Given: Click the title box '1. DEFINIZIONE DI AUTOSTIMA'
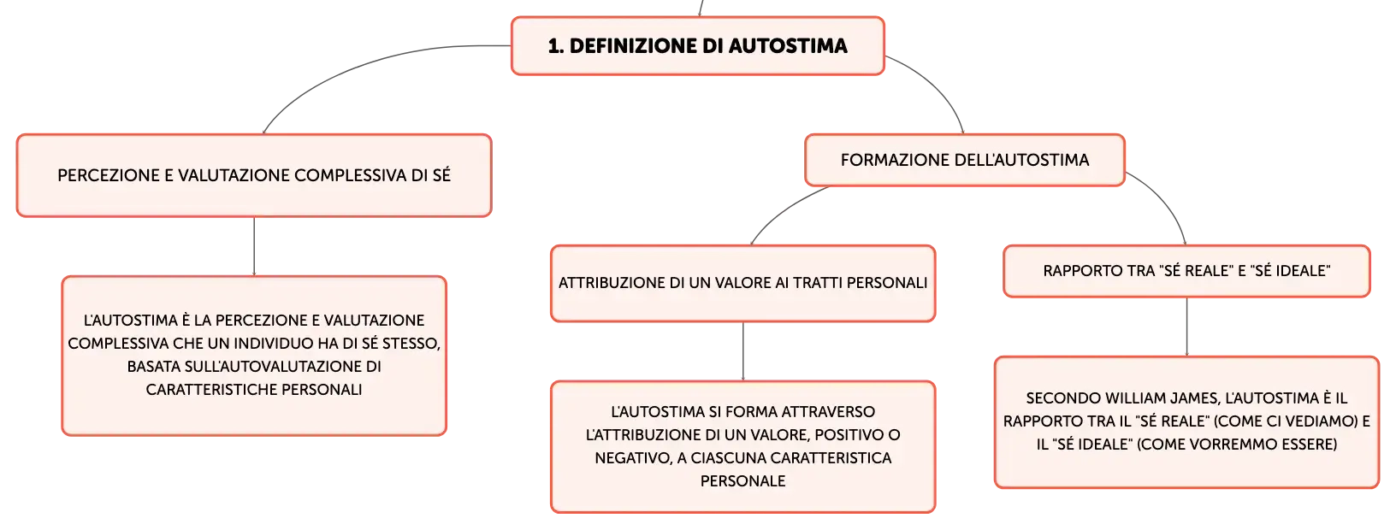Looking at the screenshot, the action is [x=697, y=46].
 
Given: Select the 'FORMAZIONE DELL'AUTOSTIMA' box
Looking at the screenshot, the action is [x=965, y=160].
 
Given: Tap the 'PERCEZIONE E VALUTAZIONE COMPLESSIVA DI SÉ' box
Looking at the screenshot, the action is [x=254, y=175].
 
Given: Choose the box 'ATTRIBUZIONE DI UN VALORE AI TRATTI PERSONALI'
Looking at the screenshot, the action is [x=742, y=283].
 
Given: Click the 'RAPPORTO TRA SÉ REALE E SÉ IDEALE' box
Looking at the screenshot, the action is [x=1186, y=271].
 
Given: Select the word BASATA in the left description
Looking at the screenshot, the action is [x=153, y=366].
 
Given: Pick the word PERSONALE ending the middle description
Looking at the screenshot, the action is [x=742, y=480].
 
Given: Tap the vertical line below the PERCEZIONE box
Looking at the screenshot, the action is [x=254, y=247].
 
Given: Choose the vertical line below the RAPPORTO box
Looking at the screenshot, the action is [x=1186, y=327].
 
